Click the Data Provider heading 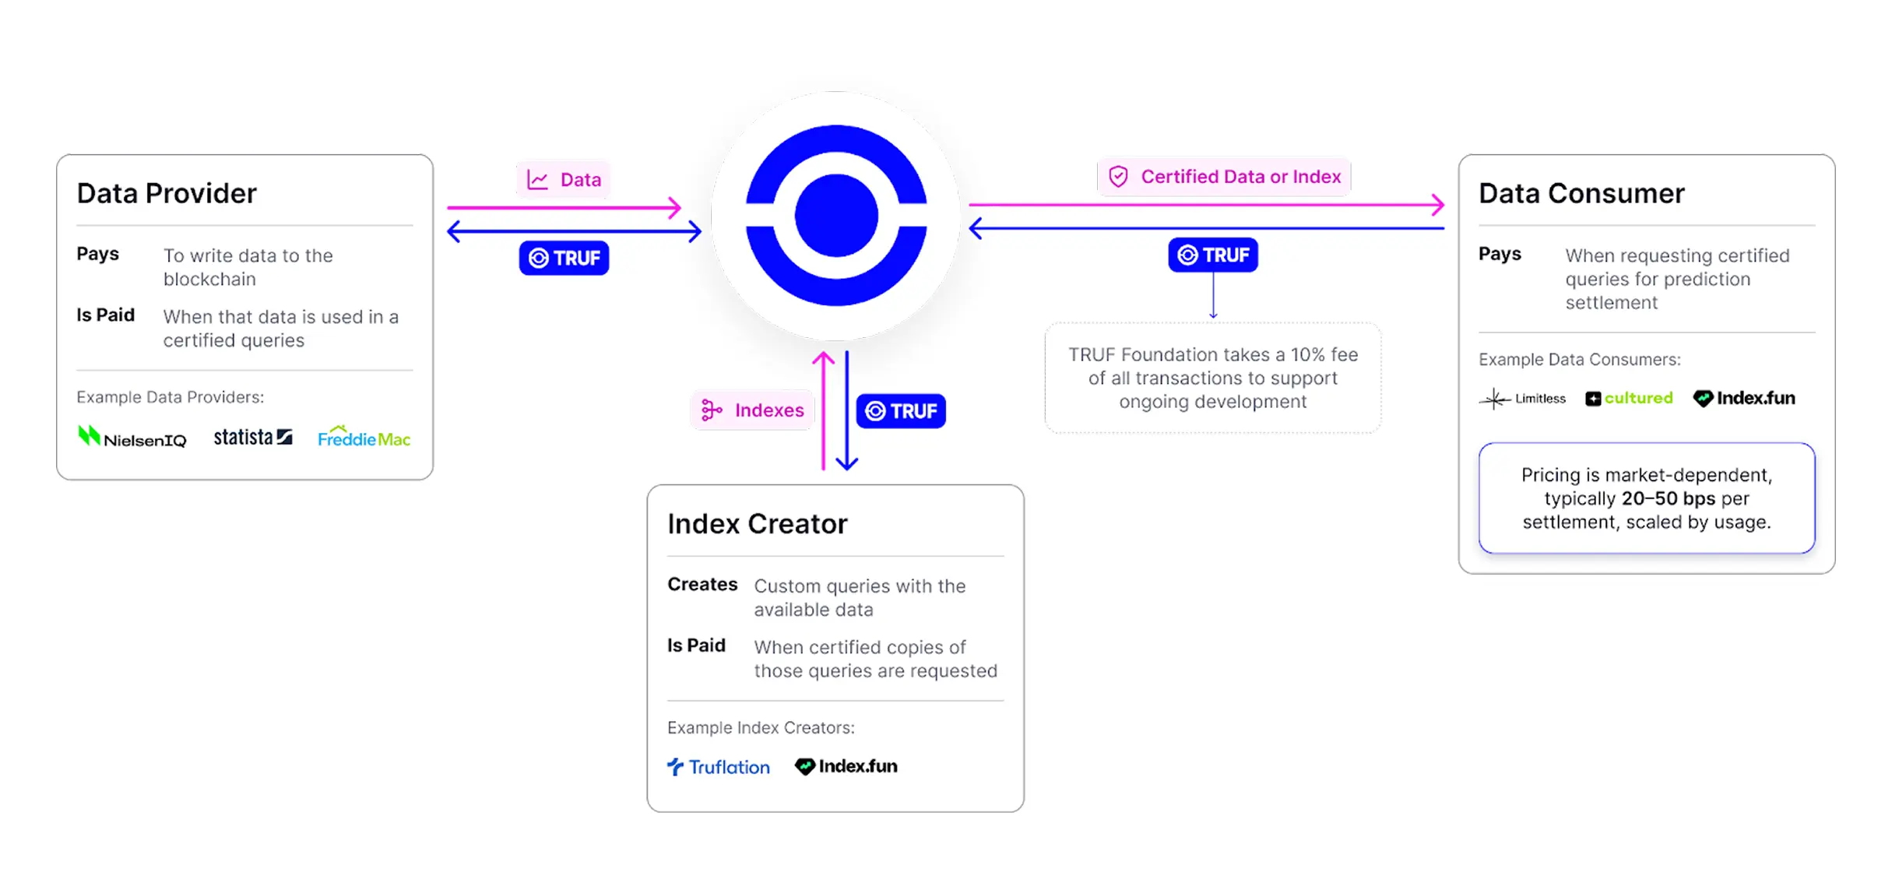pyautogui.click(x=167, y=193)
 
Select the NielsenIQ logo pyautogui.click(x=132, y=438)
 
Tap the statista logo pyautogui.click(x=253, y=437)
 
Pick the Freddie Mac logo pyautogui.click(x=364, y=438)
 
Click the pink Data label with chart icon pyautogui.click(x=564, y=180)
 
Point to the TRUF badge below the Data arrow pyautogui.click(x=564, y=258)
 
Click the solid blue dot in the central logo pyautogui.click(x=836, y=216)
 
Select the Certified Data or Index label pyautogui.click(x=1240, y=177)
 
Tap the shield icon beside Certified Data pyautogui.click(x=1119, y=177)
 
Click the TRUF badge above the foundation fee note pyautogui.click(x=1213, y=255)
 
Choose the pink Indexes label pyautogui.click(x=753, y=410)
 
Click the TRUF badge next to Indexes pyautogui.click(x=901, y=411)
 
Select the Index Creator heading pyautogui.click(x=757, y=524)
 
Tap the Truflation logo pyautogui.click(x=719, y=767)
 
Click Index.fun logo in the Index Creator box pyautogui.click(x=846, y=766)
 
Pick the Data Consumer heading pyautogui.click(x=1581, y=193)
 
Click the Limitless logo pyautogui.click(x=1523, y=399)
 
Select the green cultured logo pyautogui.click(x=1629, y=398)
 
